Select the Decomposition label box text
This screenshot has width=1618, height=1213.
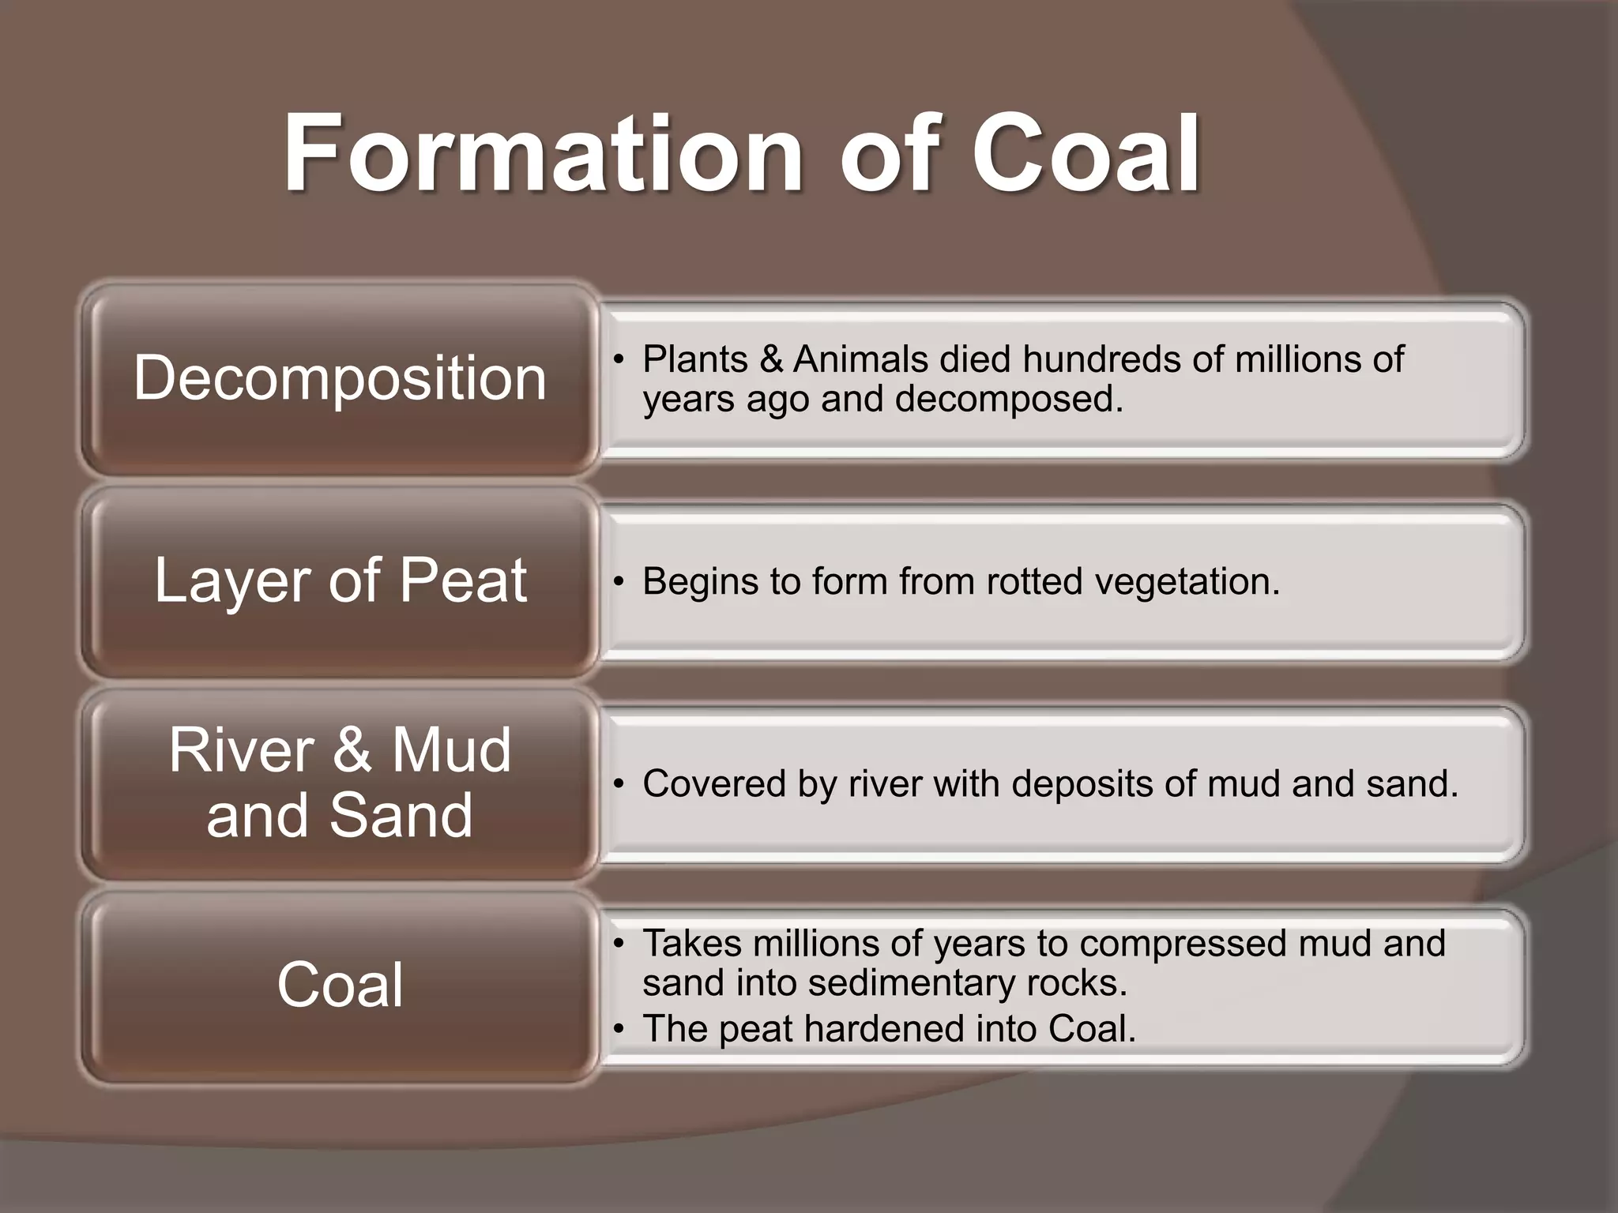pos(340,378)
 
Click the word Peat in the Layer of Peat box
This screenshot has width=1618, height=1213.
pos(462,581)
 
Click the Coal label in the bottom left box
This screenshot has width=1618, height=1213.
pos(340,985)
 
